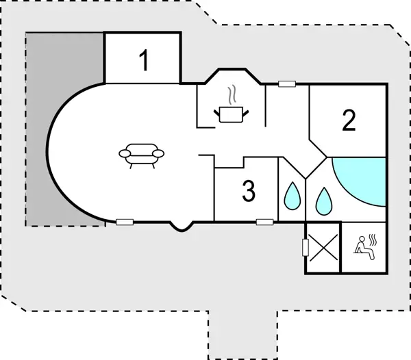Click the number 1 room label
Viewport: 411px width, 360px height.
click(144, 61)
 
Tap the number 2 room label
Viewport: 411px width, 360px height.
click(349, 121)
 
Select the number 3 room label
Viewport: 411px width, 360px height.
click(249, 192)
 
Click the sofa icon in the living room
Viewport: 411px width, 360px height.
click(142, 155)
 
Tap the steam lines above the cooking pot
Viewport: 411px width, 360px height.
click(232, 93)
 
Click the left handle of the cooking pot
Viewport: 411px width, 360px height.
click(217, 110)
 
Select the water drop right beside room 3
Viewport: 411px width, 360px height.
click(292, 196)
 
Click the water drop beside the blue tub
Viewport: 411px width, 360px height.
click(324, 199)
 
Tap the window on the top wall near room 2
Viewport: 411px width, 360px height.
click(287, 84)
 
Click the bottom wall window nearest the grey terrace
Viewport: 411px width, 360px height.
click(124, 222)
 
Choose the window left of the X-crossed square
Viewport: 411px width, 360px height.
click(304, 246)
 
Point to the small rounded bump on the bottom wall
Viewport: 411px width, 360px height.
click(180, 227)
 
